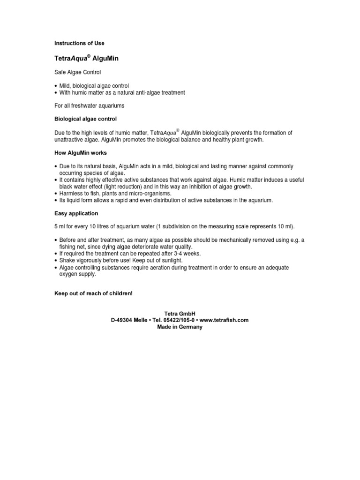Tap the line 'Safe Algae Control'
click(78, 72)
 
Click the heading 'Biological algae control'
click(86, 119)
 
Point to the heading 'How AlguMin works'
click(80, 153)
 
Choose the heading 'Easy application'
click(76, 213)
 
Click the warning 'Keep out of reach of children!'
click(94, 293)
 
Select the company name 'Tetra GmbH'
click(180, 313)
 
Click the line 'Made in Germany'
click(180, 327)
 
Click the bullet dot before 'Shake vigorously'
click(56, 261)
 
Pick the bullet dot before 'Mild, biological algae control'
click(56, 86)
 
